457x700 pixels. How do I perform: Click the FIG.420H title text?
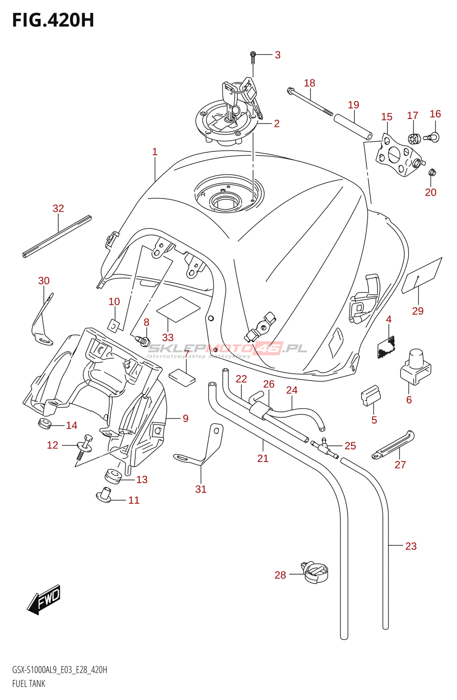click(x=53, y=21)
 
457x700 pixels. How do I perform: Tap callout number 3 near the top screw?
click(x=278, y=55)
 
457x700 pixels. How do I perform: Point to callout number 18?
click(x=309, y=83)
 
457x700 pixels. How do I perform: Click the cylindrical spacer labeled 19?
click(x=353, y=126)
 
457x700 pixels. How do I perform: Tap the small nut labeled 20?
click(x=432, y=173)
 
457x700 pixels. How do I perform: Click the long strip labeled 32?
click(x=57, y=237)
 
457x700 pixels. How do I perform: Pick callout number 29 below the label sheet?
click(x=418, y=311)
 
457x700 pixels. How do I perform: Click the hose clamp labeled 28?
click(x=315, y=572)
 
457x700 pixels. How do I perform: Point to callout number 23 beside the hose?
click(x=411, y=546)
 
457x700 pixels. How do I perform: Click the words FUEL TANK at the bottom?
click(x=29, y=683)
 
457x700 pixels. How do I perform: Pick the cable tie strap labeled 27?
click(x=393, y=444)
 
